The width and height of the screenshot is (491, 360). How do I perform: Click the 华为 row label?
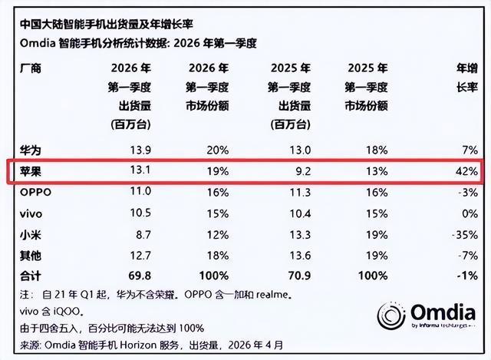pyautogui.click(x=31, y=150)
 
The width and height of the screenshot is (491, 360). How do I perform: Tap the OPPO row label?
pyautogui.click(x=35, y=192)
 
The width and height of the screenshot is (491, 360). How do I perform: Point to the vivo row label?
pyautogui.click(x=31, y=214)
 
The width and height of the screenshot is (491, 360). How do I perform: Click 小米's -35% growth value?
pyautogui.click(x=465, y=235)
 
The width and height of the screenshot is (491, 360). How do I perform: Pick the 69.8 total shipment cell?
pyautogui.click(x=140, y=276)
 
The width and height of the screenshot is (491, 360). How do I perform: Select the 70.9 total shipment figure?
pyautogui.click(x=299, y=276)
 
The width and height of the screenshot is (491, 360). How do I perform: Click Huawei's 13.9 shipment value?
pyautogui.click(x=140, y=150)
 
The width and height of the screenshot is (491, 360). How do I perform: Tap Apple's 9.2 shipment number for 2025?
pyautogui.click(x=303, y=171)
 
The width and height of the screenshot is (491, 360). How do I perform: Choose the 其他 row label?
pyautogui.click(x=31, y=256)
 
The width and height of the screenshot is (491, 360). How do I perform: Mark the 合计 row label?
pyautogui.click(x=31, y=276)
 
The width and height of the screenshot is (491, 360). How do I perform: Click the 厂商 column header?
pyautogui.click(x=31, y=68)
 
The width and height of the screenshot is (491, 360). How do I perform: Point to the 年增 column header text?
pyautogui.click(x=467, y=68)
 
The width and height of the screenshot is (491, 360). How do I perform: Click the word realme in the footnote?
pyautogui.click(x=272, y=295)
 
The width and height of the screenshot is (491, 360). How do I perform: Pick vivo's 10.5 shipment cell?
pyautogui.click(x=140, y=213)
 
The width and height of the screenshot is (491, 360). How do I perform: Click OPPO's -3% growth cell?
pyautogui.click(x=468, y=192)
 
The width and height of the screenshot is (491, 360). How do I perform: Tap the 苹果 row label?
pyautogui.click(x=31, y=171)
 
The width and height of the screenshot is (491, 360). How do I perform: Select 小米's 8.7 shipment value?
pyautogui.click(x=143, y=235)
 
